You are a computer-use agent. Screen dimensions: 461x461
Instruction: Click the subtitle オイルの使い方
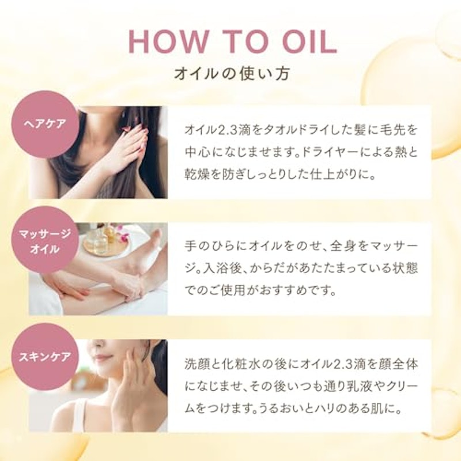click(x=232, y=73)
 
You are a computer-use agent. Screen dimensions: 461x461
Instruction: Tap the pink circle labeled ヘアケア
click(x=46, y=124)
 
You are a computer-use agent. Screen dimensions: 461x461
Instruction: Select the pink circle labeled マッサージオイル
click(x=46, y=240)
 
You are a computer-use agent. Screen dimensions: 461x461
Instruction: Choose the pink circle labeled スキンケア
click(x=46, y=357)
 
